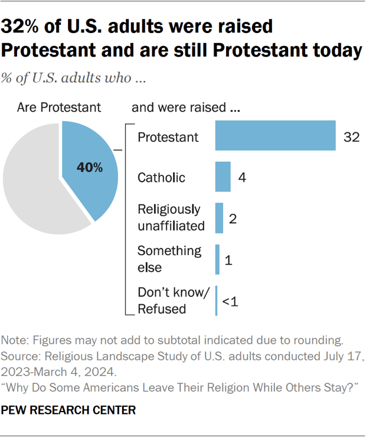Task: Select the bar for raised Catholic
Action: pyautogui.click(x=223, y=177)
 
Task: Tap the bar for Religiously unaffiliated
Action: pyautogui.click(x=219, y=218)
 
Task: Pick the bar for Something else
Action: pyautogui.click(x=217, y=259)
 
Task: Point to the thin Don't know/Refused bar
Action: pyautogui.click(x=216, y=300)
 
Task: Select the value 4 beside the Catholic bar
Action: pyautogui.click(x=242, y=177)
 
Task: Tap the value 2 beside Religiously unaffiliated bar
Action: pyautogui.click(x=233, y=218)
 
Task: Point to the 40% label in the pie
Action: pyautogui.click(x=90, y=168)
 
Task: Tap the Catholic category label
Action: pyautogui.click(x=161, y=177)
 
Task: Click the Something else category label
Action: pyautogui.click(x=169, y=259)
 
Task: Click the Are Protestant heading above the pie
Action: pyautogui.click(x=59, y=107)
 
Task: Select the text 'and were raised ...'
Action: pyautogui.click(x=185, y=107)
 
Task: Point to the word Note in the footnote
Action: pyautogui.click(x=14, y=341)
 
